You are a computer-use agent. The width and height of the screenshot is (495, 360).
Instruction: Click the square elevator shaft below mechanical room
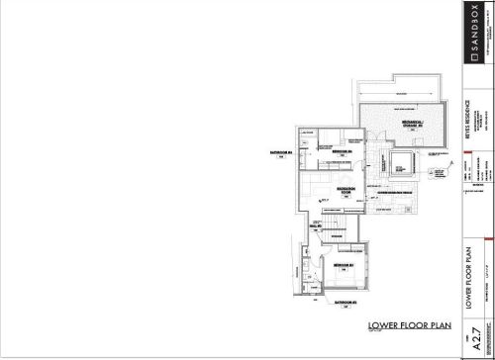tap(400, 165)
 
